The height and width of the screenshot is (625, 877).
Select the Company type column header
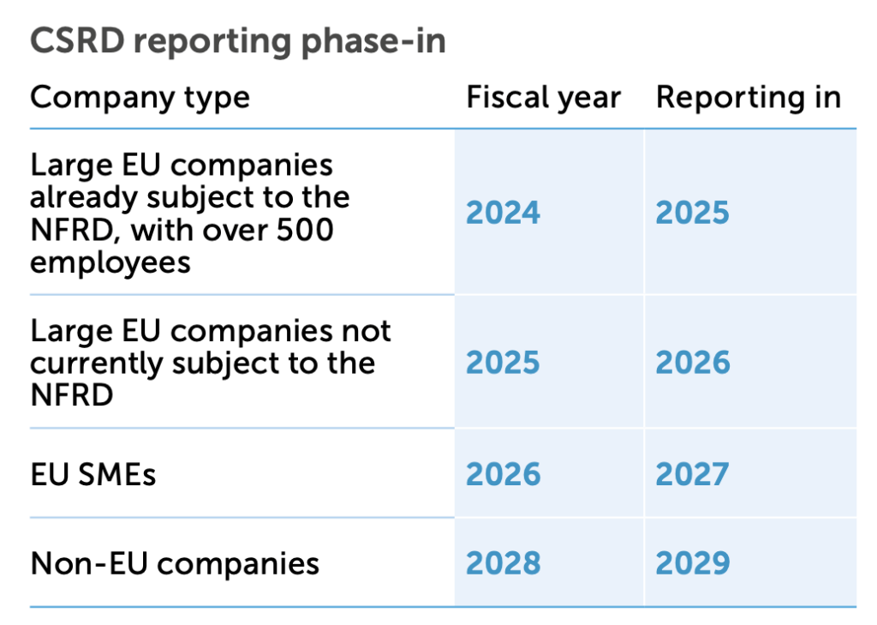click(140, 98)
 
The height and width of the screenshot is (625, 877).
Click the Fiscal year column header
click(543, 98)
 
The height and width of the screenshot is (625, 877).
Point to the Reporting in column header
click(748, 98)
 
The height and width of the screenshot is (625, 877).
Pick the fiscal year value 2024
click(503, 213)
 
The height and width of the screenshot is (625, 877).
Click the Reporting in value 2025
click(693, 213)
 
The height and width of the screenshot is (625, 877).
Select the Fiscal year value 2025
click(503, 363)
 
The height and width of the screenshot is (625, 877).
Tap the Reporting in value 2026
click(693, 363)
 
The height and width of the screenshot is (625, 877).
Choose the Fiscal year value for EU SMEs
click(503, 474)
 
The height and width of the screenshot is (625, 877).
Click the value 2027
click(693, 474)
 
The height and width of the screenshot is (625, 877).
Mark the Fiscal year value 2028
click(503, 563)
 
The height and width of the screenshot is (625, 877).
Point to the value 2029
click(693, 563)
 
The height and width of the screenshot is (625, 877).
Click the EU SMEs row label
click(93, 474)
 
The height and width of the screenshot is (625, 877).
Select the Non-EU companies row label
click(175, 564)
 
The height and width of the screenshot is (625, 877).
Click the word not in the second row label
click(366, 330)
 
